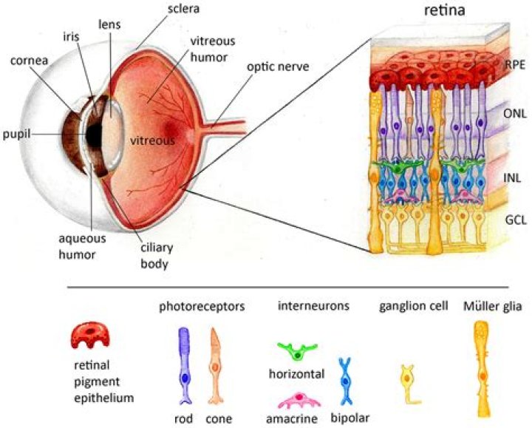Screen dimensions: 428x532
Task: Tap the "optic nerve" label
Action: pos(279,67)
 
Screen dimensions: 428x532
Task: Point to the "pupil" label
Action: pos(18,134)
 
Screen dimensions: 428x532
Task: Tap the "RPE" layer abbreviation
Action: pos(514,64)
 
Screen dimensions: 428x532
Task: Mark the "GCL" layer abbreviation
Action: pos(514,220)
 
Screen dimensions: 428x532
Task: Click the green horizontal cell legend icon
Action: pos(297,352)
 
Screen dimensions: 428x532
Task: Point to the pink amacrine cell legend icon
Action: pos(299,401)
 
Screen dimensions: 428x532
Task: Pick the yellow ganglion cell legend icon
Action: pos(409,384)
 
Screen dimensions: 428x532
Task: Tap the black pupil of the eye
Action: pos(94,135)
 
